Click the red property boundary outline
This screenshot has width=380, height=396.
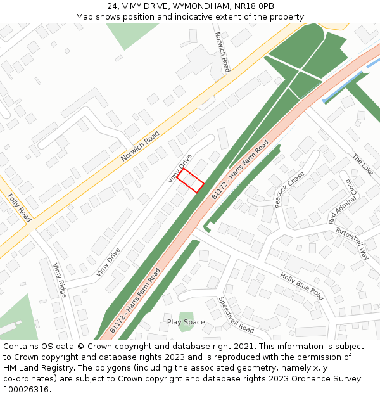190,180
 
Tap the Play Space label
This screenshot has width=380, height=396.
186,322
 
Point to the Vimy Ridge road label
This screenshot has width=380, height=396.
60,279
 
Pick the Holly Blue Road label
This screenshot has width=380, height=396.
301,286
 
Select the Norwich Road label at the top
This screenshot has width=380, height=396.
222,52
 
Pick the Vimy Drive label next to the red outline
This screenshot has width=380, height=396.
180,169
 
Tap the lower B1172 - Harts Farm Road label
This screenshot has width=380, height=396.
135,302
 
